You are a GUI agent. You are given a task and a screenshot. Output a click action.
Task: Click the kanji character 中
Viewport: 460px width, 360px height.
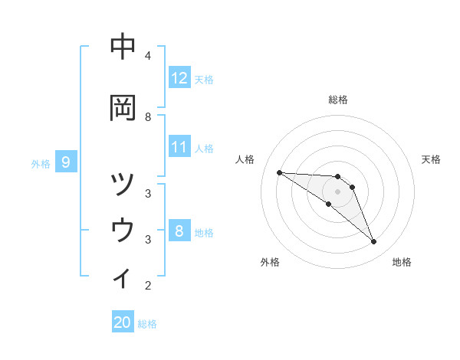123,47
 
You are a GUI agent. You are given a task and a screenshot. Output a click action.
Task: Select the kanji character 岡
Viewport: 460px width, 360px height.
123,108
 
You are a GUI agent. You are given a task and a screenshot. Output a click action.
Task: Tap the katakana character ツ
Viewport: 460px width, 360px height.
123,185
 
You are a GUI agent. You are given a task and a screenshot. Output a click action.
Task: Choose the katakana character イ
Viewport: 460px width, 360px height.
123,277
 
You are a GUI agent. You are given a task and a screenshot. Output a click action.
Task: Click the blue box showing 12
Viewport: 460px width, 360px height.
179,78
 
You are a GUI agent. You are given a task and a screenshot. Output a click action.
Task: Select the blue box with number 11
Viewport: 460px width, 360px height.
179,147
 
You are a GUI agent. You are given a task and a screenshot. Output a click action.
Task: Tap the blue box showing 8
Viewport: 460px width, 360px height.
179,231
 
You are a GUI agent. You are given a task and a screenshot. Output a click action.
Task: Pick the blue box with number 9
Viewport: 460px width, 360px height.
66,162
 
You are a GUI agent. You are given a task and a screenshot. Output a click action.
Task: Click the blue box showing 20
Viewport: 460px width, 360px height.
123,323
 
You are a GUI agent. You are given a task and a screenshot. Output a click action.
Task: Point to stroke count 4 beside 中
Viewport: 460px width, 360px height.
148,55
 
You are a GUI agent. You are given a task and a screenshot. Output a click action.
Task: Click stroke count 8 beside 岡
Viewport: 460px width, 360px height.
148,116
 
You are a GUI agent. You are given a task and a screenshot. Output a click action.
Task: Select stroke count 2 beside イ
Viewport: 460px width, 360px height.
148,286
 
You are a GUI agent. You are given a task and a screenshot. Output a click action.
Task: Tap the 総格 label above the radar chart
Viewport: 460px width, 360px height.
338,100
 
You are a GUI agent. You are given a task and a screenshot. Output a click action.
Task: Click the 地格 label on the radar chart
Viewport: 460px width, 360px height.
402,262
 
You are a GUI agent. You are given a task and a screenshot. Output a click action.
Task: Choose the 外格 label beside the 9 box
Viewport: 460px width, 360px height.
41,163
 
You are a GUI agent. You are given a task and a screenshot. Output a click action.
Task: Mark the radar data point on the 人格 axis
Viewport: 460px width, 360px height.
279,172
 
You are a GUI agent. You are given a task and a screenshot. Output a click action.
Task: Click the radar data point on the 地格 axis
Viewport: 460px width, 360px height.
374,242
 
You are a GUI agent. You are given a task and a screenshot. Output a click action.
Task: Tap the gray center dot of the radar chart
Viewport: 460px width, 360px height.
338,191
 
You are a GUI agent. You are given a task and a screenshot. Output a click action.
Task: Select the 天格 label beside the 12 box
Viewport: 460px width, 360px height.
204,79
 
